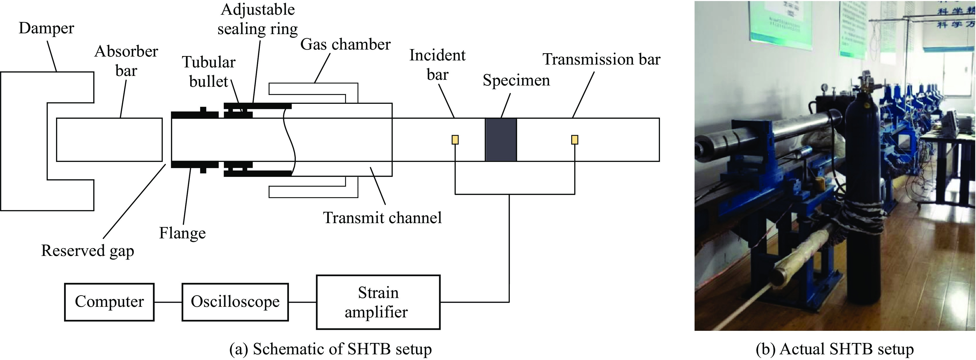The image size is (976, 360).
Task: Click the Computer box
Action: click(109, 302)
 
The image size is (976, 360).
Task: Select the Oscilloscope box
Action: click(235, 302)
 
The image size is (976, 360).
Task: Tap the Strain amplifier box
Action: click(378, 302)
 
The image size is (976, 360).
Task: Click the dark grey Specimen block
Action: click(500, 140)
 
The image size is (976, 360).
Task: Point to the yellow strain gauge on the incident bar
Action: click(455, 140)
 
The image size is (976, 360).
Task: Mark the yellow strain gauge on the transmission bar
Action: click(574, 140)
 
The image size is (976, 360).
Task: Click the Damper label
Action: click(46, 28)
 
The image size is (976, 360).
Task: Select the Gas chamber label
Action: click(345, 45)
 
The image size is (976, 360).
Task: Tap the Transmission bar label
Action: click(601, 59)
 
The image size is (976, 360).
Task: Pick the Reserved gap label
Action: click(88, 251)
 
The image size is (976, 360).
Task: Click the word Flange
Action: click(182, 233)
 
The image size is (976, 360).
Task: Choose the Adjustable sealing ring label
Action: click(258, 19)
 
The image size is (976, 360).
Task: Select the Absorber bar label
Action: click(126, 61)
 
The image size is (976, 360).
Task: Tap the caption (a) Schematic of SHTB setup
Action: click(330, 349)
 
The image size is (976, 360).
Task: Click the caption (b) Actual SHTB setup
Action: click(834, 349)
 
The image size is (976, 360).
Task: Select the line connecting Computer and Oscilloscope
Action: click(168, 302)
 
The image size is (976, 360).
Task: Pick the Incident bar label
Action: click(437, 65)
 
